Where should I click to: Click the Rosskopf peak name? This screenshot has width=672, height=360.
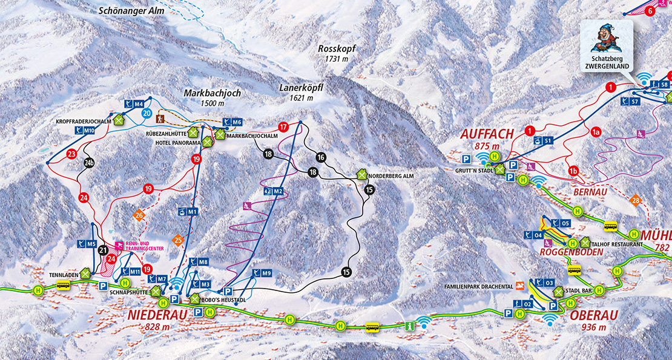[337, 49]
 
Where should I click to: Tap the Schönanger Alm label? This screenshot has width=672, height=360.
[127, 10]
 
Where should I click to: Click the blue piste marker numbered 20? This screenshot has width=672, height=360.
[146, 113]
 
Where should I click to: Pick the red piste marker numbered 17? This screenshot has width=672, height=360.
[282, 127]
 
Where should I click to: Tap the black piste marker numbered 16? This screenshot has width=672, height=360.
[321, 157]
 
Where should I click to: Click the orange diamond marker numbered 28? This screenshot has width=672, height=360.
[635, 201]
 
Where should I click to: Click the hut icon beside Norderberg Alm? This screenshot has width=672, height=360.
[362, 174]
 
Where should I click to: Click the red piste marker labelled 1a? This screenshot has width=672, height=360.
[596, 131]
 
